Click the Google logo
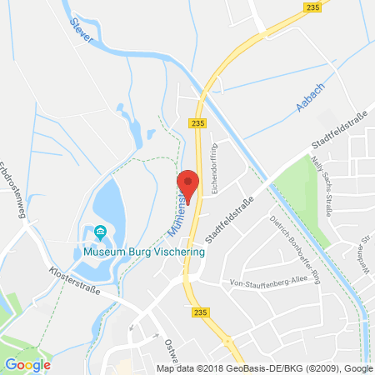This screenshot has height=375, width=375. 27,364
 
